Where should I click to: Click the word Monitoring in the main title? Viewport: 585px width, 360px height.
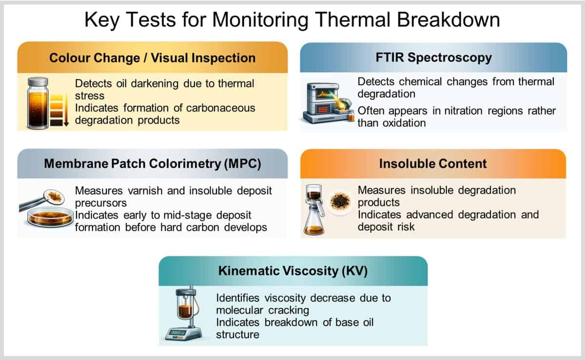tap(260, 20)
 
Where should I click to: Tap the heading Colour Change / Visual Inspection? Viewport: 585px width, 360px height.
tap(153, 58)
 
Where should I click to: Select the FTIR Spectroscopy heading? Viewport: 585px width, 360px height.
tap(433, 58)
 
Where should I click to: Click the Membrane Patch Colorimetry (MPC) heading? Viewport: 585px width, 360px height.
tap(153, 164)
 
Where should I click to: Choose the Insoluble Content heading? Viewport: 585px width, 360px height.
tap(433, 164)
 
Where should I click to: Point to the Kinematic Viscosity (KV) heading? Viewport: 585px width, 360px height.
tap(293, 271)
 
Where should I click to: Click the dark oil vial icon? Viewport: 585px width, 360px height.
tap(38, 103)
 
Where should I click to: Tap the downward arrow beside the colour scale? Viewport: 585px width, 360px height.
tap(66, 110)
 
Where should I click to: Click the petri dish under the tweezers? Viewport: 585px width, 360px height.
tap(50, 218)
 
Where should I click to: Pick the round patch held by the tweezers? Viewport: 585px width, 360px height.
tap(54, 197)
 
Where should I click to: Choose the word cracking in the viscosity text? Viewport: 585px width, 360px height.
tap(289, 310)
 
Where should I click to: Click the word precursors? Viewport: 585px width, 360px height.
tap(101, 203)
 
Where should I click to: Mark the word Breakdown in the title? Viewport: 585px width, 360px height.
tap(448, 20)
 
